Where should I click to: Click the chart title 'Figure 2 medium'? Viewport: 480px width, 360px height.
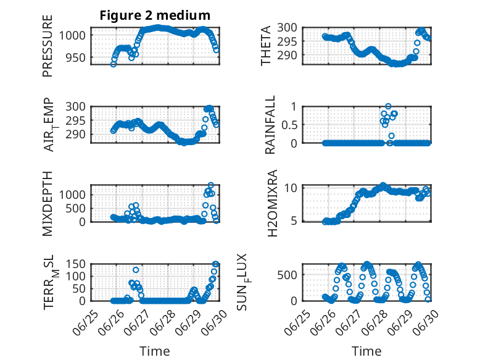(155, 15)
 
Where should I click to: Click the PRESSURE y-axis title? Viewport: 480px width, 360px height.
(48, 46)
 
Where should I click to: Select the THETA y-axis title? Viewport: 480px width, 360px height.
(266, 46)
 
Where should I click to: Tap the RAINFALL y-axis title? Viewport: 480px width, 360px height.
(270, 125)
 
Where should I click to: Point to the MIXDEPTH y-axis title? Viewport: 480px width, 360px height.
(48, 204)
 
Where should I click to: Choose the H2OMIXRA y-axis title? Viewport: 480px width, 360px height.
(272, 203)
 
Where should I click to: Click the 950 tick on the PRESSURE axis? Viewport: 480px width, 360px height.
(76, 57)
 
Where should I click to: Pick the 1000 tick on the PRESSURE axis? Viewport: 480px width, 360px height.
(72, 36)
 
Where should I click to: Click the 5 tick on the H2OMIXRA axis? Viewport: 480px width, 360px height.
(294, 220)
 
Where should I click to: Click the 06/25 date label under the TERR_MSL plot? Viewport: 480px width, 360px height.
(85, 323)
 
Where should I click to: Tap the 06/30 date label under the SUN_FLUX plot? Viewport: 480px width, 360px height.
(426, 323)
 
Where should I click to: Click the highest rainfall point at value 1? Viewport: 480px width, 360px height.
(388, 107)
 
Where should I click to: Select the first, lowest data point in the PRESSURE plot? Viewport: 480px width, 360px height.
(114, 64)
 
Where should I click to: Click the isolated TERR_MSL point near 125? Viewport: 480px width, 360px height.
(136, 270)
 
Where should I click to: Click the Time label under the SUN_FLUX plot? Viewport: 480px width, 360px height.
(366, 351)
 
